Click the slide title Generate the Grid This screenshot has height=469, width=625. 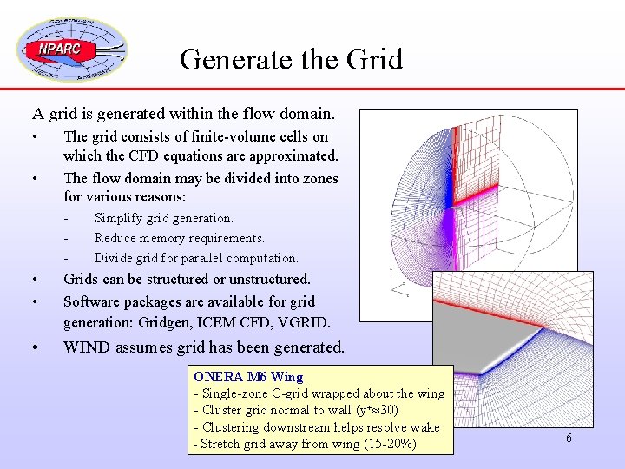[291, 59]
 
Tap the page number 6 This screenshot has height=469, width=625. [569, 439]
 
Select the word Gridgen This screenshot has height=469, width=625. [174, 323]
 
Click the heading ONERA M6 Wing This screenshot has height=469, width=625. [248, 377]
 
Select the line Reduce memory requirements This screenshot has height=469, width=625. [179, 238]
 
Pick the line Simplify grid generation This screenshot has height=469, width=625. [163, 218]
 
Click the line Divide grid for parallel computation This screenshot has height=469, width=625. [196, 258]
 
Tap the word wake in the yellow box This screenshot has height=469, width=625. [424, 427]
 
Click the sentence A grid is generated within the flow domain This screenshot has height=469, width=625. [183, 113]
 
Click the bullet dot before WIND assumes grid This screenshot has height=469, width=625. [35, 347]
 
